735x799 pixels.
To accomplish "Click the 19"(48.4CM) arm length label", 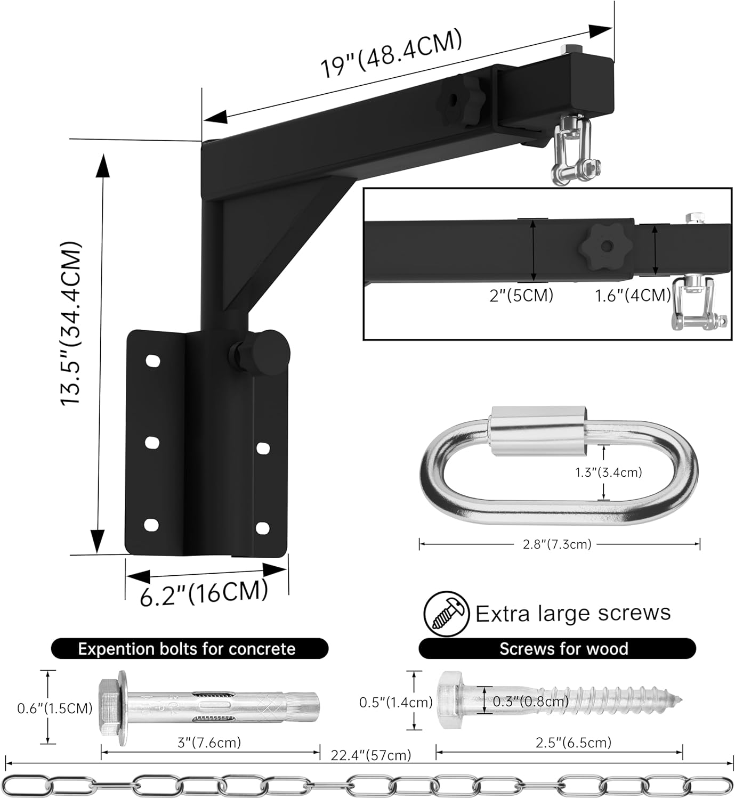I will (390, 54).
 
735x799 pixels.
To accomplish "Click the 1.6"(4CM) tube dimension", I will (632, 295).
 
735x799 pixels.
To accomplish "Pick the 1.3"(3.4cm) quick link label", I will (608, 472).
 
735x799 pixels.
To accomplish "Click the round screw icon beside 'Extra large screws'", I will (446, 614).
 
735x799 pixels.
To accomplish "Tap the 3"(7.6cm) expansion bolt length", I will (209, 742).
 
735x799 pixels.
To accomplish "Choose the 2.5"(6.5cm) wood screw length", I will (573, 742).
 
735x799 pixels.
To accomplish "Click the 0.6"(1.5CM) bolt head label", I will (55, 708).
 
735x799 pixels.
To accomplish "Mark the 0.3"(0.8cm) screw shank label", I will (530, 702).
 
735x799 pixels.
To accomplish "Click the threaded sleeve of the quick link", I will (538, 420).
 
